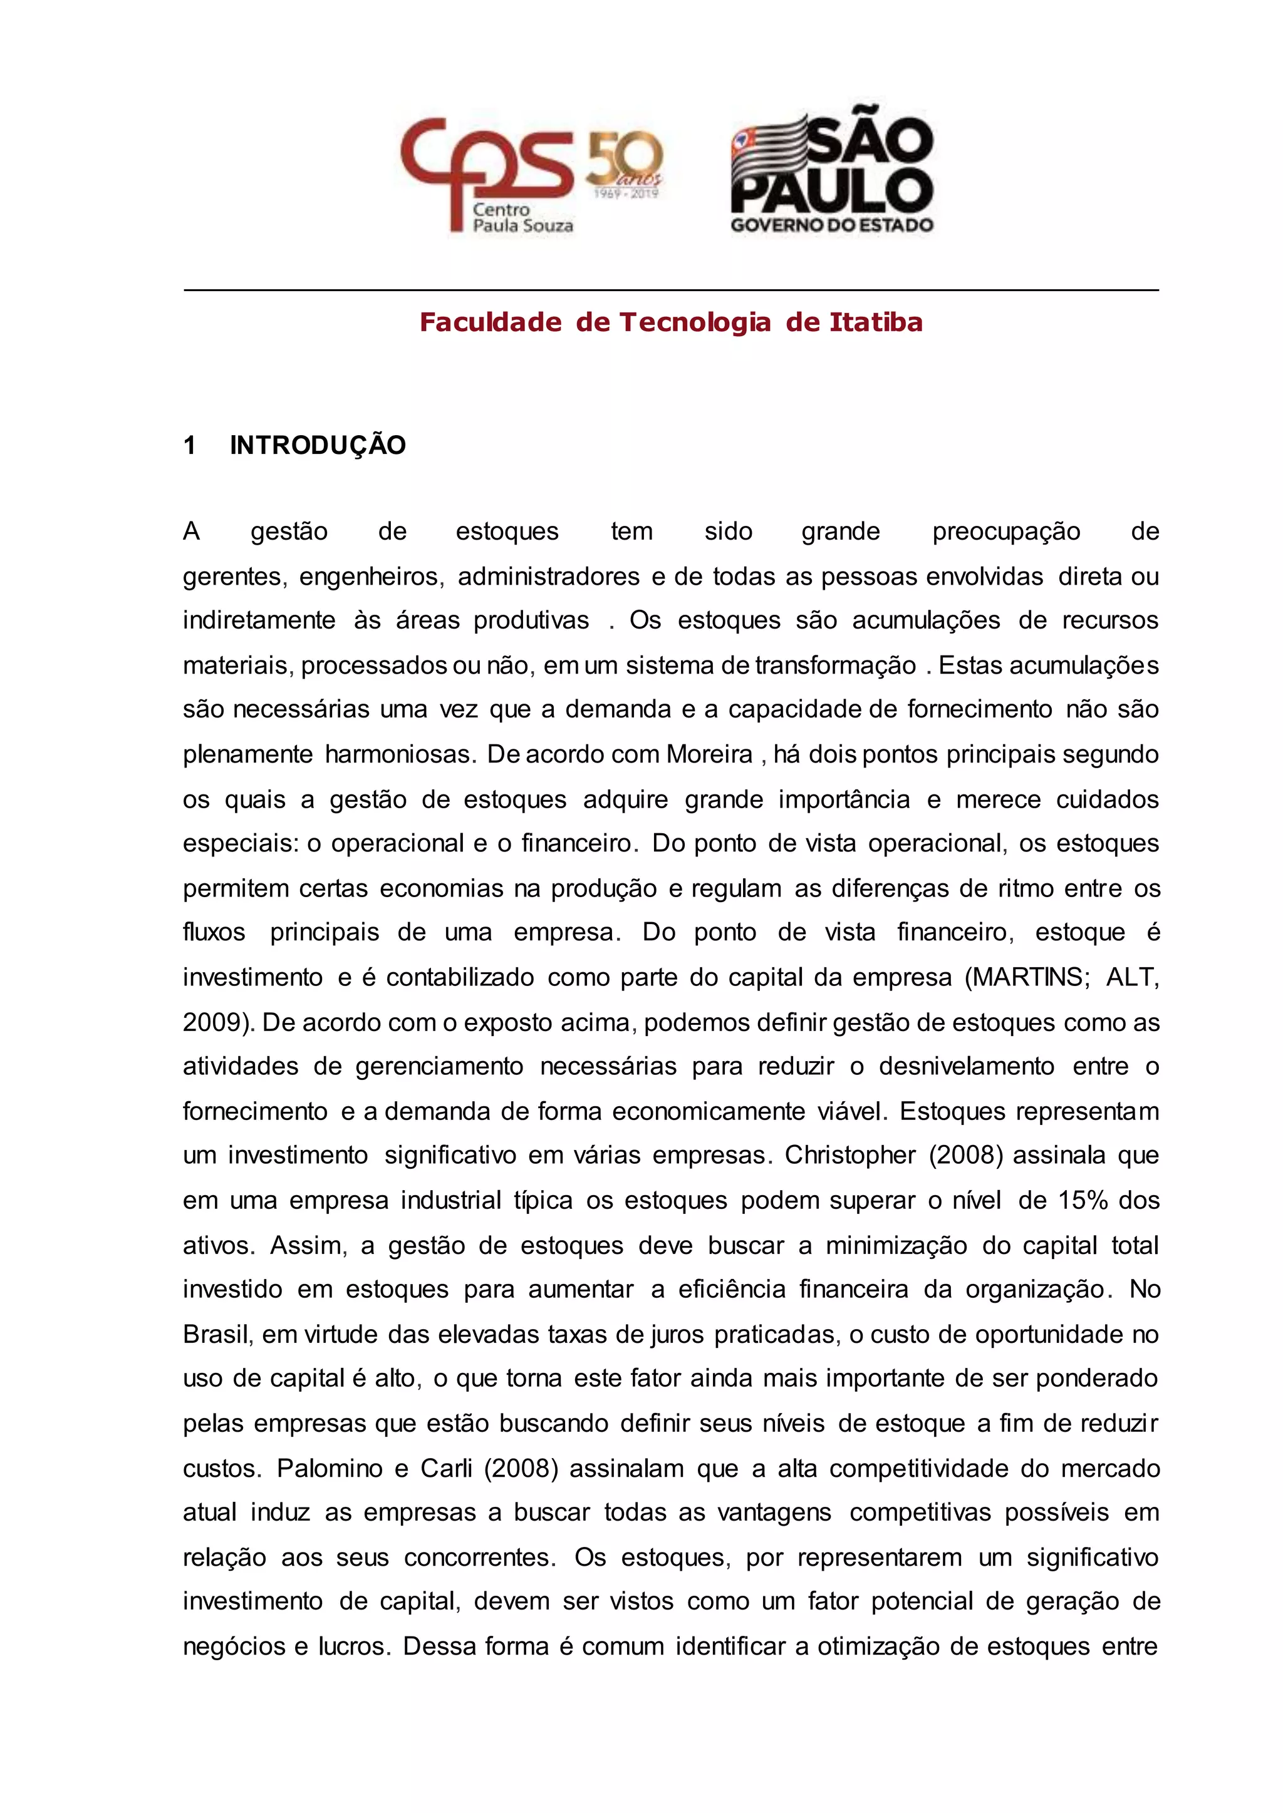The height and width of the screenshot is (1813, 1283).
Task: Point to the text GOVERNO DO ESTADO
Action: [832, 225]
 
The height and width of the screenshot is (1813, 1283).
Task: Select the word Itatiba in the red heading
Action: [876, 322]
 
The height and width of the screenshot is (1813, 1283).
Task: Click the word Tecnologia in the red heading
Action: [695, 322]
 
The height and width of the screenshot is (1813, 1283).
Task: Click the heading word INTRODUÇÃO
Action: [318, 445]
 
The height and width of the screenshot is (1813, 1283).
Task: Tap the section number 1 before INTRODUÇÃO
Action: [190, 445]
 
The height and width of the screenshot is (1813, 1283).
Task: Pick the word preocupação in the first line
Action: [1005, 532]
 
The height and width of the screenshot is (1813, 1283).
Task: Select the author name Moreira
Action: [709, 754]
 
